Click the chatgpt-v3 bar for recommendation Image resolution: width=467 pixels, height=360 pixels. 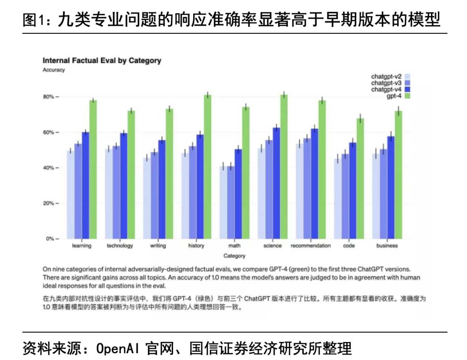[307, 188]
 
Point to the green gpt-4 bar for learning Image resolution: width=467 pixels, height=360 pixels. [93, 169]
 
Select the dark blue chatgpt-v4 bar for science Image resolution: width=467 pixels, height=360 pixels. [276, 183]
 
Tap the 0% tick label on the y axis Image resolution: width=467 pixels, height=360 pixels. [49, 239]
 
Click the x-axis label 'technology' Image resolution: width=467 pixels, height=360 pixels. [120, 246]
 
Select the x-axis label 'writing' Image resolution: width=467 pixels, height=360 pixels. [158, 246]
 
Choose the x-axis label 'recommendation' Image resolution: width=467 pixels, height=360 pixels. [311, 246]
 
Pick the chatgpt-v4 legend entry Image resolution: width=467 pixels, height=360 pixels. [386, 89]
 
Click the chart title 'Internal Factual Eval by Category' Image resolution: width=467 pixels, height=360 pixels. [102, 60]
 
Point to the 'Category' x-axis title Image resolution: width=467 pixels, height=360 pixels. [234, 256]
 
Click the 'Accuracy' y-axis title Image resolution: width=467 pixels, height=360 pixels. [54, 70]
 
